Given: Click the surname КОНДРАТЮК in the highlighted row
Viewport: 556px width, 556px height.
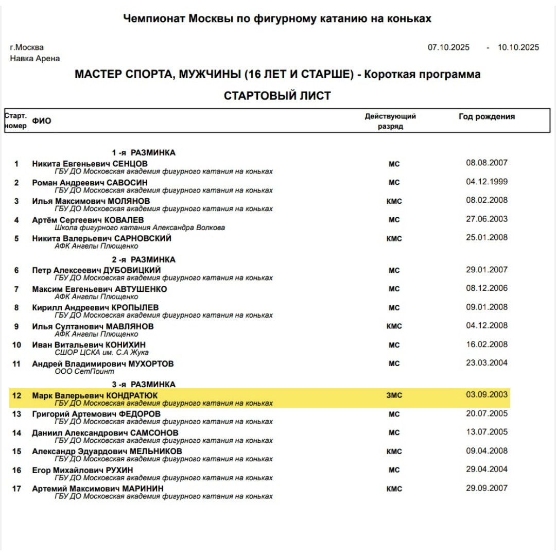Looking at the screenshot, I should [x=135, y=395].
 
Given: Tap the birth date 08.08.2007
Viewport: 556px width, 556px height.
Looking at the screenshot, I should [x=486, y=163].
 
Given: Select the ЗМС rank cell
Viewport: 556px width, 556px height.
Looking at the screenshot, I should [x=394, y=395].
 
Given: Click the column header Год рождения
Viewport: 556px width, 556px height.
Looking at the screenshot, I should [x=486, y=117].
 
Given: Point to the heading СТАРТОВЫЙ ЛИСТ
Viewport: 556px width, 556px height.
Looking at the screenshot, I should [x=277, y=96].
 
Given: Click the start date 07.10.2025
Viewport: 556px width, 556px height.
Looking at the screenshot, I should [x=448, y=47].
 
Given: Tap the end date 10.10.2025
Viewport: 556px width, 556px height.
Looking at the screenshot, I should [x=518, y=47].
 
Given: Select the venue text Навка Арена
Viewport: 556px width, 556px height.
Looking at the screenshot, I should [x=35, y=59].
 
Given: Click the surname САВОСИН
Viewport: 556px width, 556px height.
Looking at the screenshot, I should [x=127, y=183].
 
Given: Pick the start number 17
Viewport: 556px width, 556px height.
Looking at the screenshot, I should [x=16, y=489].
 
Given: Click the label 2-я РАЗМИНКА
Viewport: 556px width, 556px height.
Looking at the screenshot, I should [x=144, y=259].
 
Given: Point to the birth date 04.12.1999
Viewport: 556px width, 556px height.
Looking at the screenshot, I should [x=486, y=181].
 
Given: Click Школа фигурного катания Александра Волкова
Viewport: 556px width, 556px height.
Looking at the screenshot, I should [x=140, y=228].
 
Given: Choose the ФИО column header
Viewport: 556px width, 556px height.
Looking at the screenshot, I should [x=42, y=121].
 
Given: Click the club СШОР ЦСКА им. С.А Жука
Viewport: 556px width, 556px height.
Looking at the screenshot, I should [x=101, y=353].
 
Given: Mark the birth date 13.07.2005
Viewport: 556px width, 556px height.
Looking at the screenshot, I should [x=486, y=432].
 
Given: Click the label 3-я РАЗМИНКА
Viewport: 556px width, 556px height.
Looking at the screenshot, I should [x=144, y=385].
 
